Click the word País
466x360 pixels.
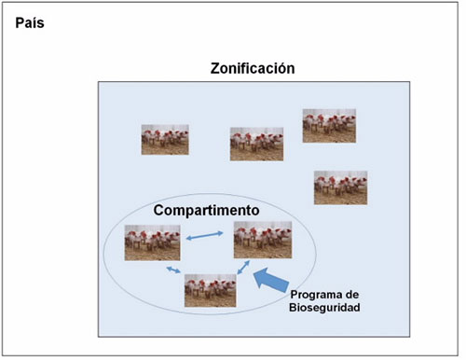coord(31,21)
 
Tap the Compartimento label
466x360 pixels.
coord(207,211)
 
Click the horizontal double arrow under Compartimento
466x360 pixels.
coord(202,239)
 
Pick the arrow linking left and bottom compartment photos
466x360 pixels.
coord(173,270)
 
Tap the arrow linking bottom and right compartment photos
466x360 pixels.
coord(245,268)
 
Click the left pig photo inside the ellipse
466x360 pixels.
coord(153,242)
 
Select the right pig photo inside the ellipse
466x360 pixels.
coord(263,240)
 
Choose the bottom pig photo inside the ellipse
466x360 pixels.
coord(210,290)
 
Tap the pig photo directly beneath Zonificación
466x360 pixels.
coord(256,144)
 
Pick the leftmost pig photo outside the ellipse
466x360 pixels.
coord(165,140)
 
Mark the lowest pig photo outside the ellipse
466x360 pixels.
coord(340,187)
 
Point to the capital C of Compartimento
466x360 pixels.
coord(159,211)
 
